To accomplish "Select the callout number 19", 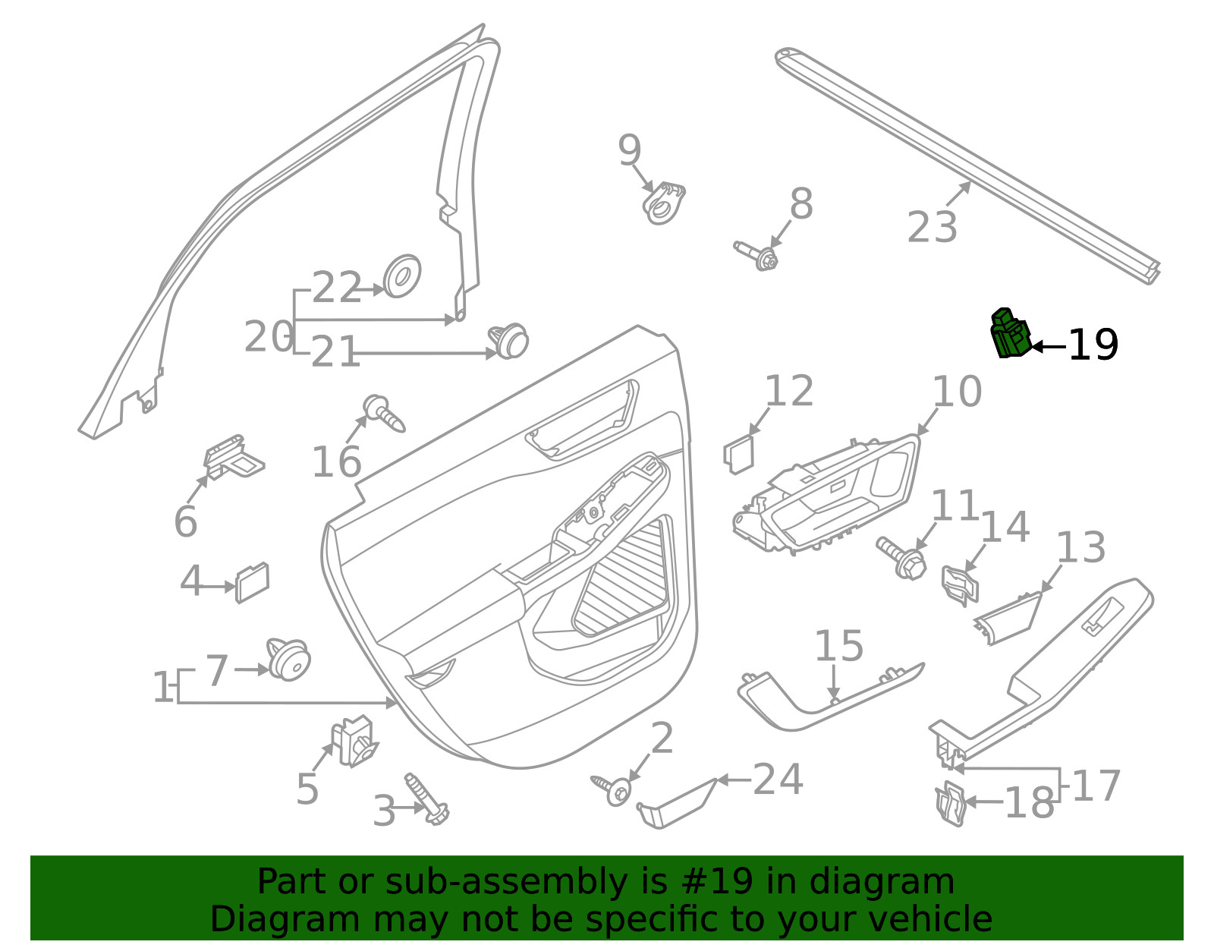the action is [x=1093, y=345].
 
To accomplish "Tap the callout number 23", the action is [x=932, y=227].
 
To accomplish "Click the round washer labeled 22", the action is [x=402, y=276].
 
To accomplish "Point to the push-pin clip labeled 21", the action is [x=508, y=341].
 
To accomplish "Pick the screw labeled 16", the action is [x=383, y=413].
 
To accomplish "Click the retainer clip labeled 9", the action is [x=663, y=203].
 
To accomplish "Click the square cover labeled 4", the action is [x=252, y=583].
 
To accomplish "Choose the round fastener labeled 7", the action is [x=288, y=659].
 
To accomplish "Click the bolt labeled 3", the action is [x=427, y=798].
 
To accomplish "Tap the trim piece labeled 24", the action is [x=677, y=805].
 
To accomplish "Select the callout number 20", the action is [x=269, y=337].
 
